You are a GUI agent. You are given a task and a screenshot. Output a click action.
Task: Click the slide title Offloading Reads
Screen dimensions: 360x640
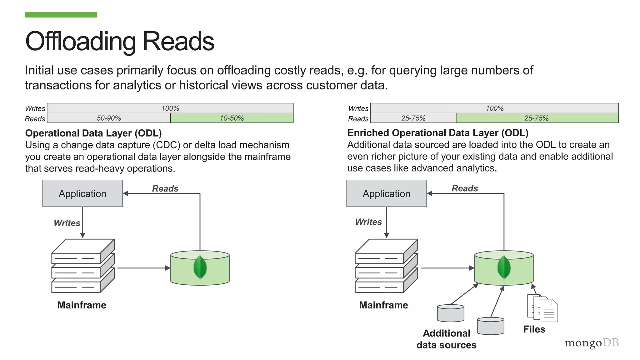point(120,41)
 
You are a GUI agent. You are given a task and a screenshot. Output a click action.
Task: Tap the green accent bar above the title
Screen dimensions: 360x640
point(61,15)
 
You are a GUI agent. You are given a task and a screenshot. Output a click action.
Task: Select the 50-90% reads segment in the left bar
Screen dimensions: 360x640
point(108,118)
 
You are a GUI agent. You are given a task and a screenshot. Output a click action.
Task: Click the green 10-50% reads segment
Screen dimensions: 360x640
point(232,118)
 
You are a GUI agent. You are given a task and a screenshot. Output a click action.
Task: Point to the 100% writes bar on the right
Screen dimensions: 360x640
point(494,108)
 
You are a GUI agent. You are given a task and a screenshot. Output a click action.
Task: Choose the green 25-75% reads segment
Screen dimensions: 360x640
point(537,118)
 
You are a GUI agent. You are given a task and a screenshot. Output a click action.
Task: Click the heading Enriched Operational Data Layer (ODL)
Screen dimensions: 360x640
point(437,133)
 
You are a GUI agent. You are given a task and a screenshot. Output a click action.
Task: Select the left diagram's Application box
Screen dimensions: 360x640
point(82,193)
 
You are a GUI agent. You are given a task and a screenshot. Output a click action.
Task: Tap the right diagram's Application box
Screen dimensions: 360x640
point(386,193)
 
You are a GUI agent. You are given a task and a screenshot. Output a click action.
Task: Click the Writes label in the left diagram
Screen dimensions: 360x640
point(67,223)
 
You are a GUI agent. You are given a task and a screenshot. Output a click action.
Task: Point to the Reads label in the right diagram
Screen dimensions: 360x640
point(465,188)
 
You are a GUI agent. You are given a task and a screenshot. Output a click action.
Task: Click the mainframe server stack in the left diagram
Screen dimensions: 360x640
point(83,266)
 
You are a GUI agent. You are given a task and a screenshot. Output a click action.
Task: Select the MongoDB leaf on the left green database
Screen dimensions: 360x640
point(200,267)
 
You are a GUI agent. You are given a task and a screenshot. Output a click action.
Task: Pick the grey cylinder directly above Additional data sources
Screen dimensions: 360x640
point(450,313)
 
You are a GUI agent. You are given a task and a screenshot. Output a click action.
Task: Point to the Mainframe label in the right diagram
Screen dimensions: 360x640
point(383,305)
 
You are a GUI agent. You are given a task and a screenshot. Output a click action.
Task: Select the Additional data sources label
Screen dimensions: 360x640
point(446,339)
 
